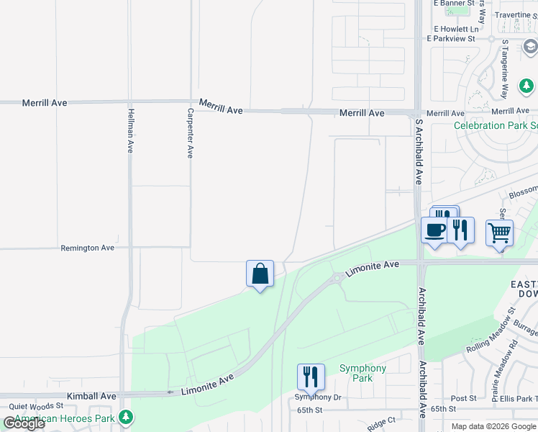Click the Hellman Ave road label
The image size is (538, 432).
(x=130, y=130)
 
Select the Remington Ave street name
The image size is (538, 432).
(x=88, y=248)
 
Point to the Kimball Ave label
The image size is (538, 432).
(x=91, y=396)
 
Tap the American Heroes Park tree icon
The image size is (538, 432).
(x=127, y=418)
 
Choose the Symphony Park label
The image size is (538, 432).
(x=363, y=373)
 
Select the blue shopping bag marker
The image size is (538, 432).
(x=260, y=274)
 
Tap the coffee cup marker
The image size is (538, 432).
(x=435, y=230)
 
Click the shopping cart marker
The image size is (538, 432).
(x=499, y=233)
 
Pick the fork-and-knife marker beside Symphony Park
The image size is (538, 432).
(x=311, y=377)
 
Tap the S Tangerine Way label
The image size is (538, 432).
(x=505, y=68)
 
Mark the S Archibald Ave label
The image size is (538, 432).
(x=418, y=152)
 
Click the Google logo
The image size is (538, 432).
(x=24, y=423)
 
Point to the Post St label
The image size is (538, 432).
(x=463, y=398)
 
